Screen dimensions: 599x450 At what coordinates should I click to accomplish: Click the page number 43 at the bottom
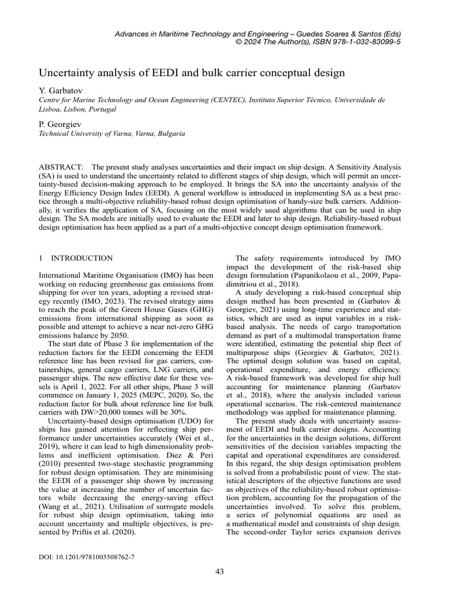pyautogui.click(x=220, y=572)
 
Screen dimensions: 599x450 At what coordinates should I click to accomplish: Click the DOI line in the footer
pyautogui.click(x=86, y=557)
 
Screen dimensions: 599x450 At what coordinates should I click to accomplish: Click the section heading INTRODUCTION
pyautogui.click(x=82, y=258)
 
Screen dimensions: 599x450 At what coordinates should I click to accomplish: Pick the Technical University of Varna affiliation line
pyautogui.click(x=111, y=133)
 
